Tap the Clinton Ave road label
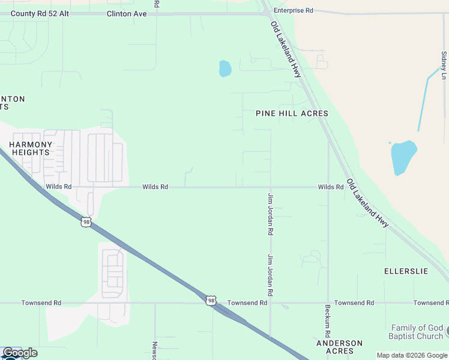click(127, 13)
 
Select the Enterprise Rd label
click(293, 11)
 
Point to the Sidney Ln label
click(444, 65)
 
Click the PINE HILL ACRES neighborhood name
click(292, 113)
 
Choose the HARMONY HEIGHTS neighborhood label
click(30, 148)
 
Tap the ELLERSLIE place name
click(406, 271)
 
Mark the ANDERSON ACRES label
click(339, 347)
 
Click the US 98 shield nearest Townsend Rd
click(210, 300)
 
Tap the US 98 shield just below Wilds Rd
click(86, 222)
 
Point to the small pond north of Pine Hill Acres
click(225, 68)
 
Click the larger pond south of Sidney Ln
click(403, 157)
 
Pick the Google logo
click(20, 353)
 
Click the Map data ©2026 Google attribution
click(412, 355)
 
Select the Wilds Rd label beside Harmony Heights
click(59, 187)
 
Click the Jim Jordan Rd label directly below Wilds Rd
click(271, 214)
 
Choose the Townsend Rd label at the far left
click(41, 303)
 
